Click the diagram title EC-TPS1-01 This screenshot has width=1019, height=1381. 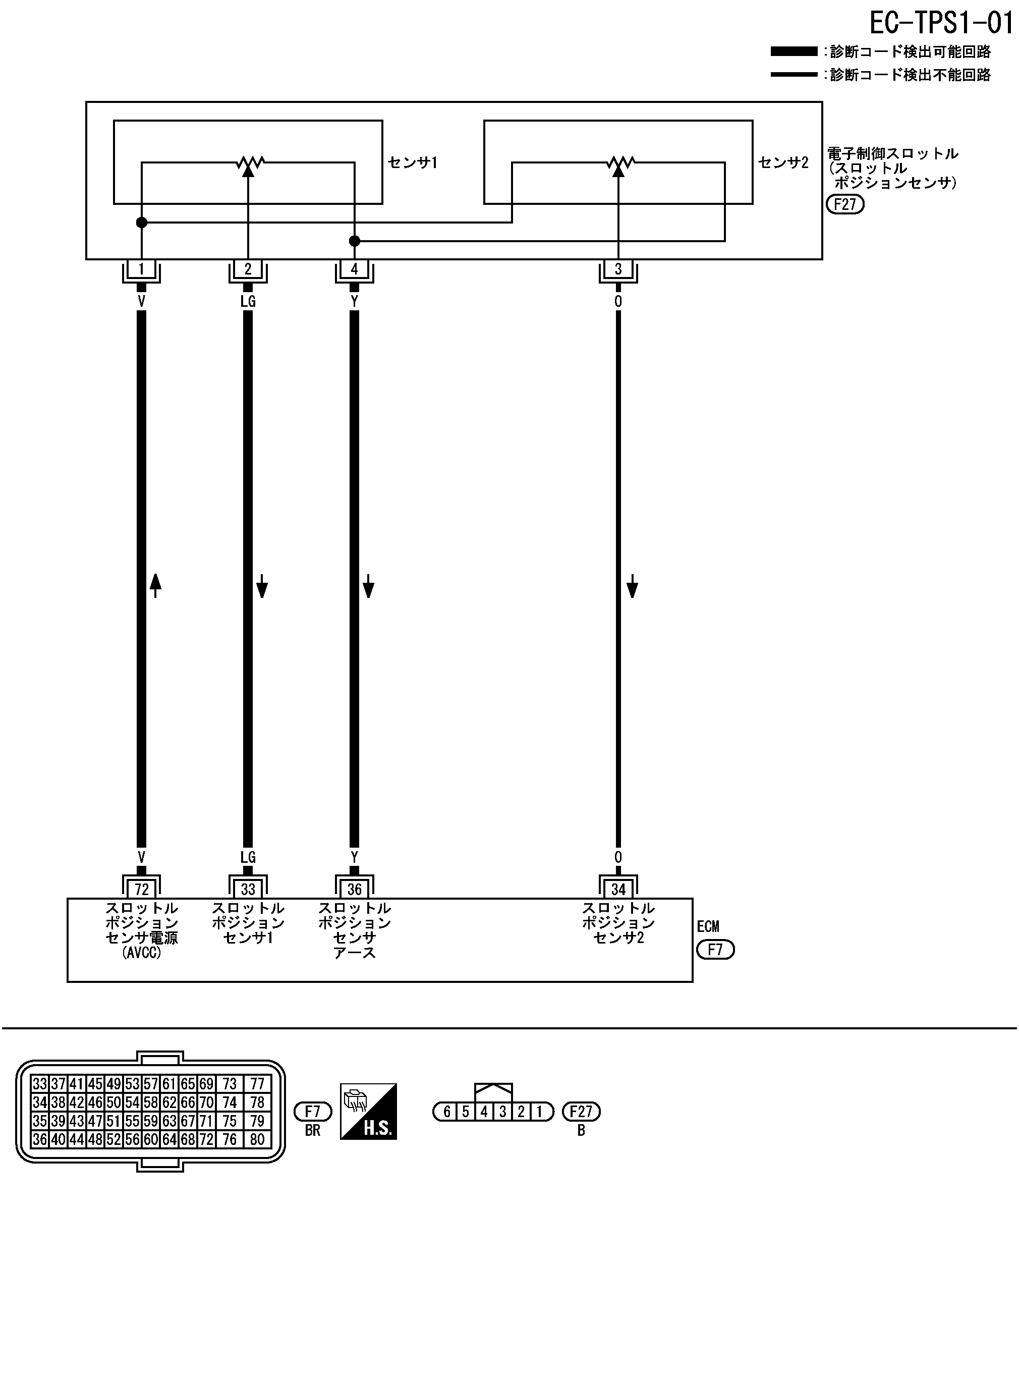(x=941, y=23)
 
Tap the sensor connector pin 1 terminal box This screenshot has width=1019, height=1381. (x=141, y=269)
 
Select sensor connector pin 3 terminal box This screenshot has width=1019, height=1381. (x=618, y=269)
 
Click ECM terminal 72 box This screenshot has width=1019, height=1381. (x=141, y=889)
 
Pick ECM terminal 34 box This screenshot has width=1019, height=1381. (x=618, y=889)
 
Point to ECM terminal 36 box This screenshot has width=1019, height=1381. (x=354, y=889)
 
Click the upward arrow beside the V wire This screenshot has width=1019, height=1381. (x=155, y=585)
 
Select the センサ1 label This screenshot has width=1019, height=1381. (x=412, y=162)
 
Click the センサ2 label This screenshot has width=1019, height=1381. (x=783, y=162)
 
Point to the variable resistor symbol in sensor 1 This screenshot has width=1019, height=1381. (x=249, y=163)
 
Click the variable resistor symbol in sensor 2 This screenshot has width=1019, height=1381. (x=619, y=163)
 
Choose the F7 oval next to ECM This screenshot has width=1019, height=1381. (x=715, y=950)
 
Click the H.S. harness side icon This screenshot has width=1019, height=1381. (x=368, y=1112)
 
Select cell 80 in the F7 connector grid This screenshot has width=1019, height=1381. (x=257, y=1139)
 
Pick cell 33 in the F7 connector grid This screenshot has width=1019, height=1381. (x=39, y=1084)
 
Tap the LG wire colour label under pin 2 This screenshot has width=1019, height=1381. (x=248, y=301)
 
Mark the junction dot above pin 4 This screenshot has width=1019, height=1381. (x=354, y=241)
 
